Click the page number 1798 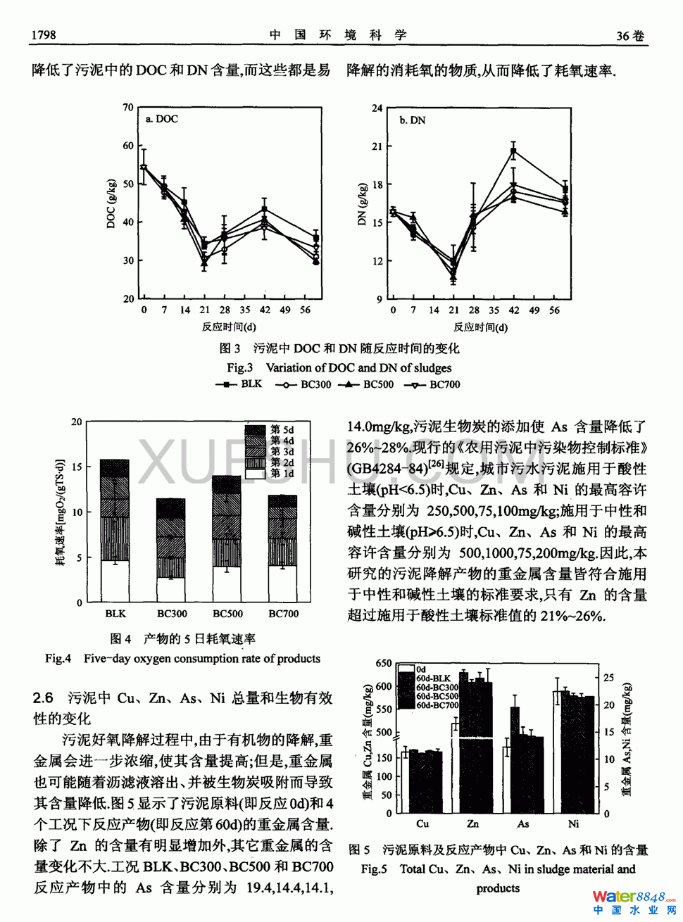point(43,34)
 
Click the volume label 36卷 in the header point(629,36)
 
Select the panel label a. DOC point(162,119)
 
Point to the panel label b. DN point(413,120)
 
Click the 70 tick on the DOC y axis point(128,108)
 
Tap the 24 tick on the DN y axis point(377,108)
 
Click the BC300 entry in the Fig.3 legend point(303,384)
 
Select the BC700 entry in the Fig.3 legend point(434,384)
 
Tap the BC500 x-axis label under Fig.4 point(227,614)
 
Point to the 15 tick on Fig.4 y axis point(77,467)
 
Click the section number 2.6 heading point(43,698)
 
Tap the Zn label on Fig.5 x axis point(472,823)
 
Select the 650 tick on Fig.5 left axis point(384,663)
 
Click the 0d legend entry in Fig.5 point(420,669)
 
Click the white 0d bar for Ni point(557,752)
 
